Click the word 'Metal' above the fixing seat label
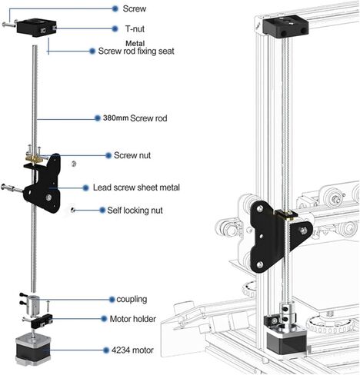114,42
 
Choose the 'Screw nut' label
132,155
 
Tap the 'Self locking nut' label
135,210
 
